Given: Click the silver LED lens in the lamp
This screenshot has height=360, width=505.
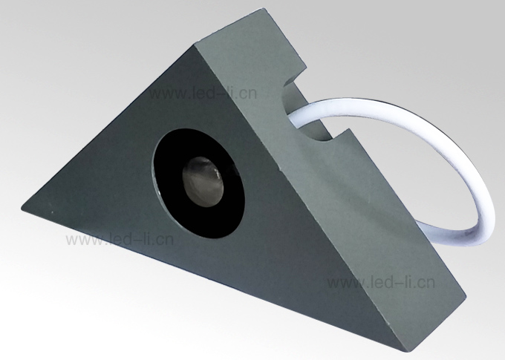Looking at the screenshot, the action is [203, 181].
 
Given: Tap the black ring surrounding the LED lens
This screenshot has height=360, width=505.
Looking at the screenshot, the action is [168, 193].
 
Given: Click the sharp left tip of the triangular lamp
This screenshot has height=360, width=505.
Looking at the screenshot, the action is [22, 209].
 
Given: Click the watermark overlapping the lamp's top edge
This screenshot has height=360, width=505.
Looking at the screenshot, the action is [203, 94].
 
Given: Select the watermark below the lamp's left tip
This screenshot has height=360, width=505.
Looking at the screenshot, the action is [120, 240].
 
